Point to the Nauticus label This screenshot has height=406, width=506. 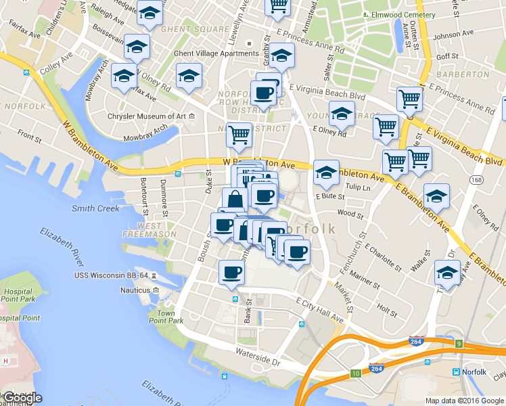pyautogui.click(x=135, y=290)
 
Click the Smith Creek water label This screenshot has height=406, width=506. pyautogui.click(x=95, y=208)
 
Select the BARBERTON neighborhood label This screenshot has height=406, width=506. pyautogui.click(x=457, y=74)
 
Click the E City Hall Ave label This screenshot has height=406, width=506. pyautogui.click(x=320, y=307)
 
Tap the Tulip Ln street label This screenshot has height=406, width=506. pyautogui.click(x=359, y=187)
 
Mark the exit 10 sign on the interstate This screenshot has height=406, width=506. pyautogui.click(x=356, y=374)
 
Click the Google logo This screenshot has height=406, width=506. pyautogui.click(x=22, y=398)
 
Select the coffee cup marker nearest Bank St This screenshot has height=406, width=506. pyautogui.click(x=231, y=272)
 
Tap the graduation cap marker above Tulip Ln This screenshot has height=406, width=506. pyautogui.click(x=327, y=172)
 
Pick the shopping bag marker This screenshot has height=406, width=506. pyautogui.click(x=235, y=200)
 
